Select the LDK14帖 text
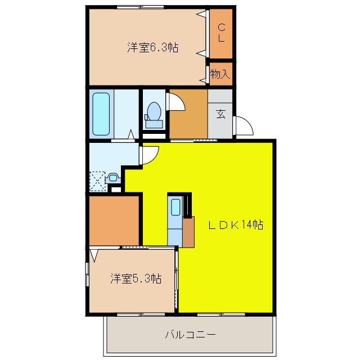coord(236,225)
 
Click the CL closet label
coord(221,33)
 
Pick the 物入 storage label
coord(220,74)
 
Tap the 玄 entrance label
coord(221,114)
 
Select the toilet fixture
coord(153,113)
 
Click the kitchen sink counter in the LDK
coord(175,214)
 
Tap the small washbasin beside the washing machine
coord(114,178)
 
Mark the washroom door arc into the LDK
coord(150,155)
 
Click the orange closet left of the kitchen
coord(114,219)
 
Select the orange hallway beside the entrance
coord(188,115)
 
